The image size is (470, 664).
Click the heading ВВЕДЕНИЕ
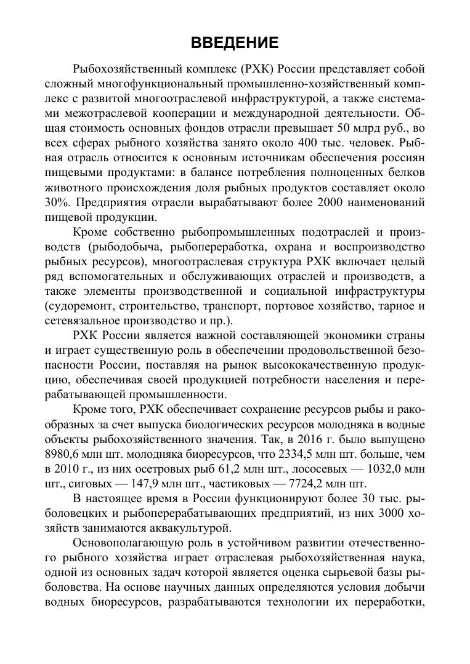235,42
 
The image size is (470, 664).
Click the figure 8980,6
64,455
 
